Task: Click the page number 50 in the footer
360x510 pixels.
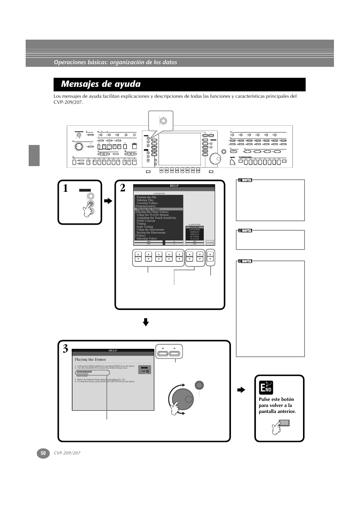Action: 43,453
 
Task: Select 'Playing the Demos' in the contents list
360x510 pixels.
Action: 148,209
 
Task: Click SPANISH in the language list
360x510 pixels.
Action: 194,237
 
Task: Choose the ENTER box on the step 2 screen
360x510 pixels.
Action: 210,243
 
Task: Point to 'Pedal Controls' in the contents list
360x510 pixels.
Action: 146,221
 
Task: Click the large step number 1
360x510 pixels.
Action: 66,188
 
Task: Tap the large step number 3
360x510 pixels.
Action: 66,349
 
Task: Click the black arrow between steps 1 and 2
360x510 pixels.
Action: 108,201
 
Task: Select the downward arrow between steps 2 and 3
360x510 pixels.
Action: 146,322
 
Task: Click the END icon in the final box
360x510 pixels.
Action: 266,388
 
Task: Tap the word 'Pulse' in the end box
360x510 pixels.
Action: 265,399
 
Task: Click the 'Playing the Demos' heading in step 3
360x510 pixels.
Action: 90,360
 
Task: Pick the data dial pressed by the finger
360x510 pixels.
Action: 182,399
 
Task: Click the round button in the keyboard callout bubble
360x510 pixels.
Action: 163,121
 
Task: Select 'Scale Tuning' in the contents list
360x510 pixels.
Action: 145,227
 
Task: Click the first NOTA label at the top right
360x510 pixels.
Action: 245,180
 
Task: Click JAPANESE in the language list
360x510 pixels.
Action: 194,230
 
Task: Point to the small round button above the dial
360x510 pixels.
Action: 199,385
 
